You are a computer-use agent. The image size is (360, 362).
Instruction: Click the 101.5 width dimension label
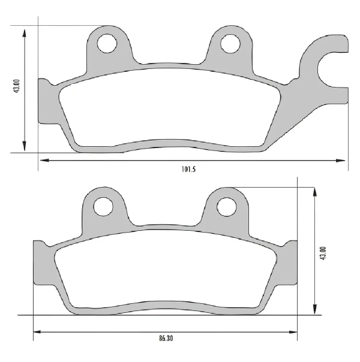[x=188, y=169]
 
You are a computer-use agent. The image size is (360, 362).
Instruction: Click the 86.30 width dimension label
[x=166, y=339]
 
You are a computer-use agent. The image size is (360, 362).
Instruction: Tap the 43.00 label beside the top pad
[x=17, y=86]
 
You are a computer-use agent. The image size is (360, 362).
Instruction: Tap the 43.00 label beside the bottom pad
[x=323, y=254]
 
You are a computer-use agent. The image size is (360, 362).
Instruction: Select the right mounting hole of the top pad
[x=230, y=43]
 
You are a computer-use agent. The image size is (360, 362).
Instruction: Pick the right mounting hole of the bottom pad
[x=227, y=206]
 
